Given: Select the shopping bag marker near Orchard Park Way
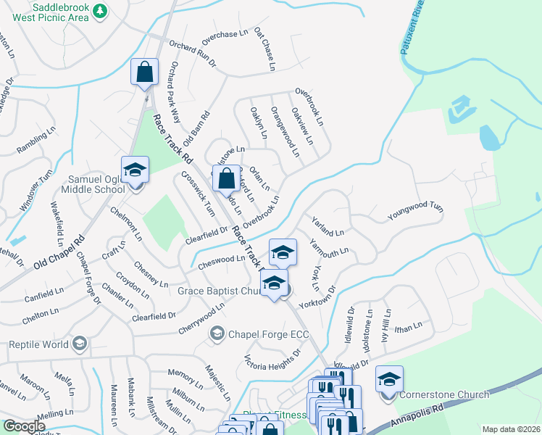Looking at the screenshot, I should [144, 72].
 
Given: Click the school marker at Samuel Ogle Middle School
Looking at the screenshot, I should [135, 171].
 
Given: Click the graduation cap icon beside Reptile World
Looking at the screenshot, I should [80, 342].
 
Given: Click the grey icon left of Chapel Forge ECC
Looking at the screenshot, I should [217, 333].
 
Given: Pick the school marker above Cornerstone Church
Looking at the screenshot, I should [389, 379].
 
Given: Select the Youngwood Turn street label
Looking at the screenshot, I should [414, 211].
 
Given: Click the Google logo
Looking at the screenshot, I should [24, 426].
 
